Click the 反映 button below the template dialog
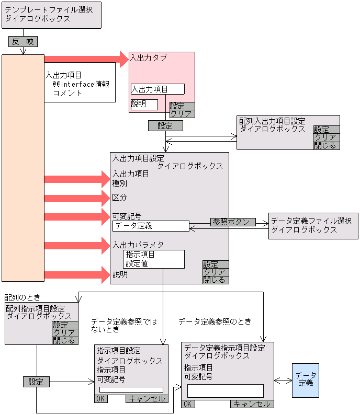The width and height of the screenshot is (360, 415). pos(22,42)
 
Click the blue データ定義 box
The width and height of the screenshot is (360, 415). pos(305,379)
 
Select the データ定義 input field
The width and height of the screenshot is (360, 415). pos(151,226)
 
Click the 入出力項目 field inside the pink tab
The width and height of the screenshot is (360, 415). pos(157,89)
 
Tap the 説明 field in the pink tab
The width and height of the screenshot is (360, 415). pos(144,105)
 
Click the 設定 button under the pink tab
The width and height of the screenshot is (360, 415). pos(165,125)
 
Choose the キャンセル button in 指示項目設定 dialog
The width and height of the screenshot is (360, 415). pos(147,399)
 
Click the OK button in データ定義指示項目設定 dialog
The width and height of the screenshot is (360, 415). pos(188,404)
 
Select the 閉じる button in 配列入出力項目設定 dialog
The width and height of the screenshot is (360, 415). pos(326,146)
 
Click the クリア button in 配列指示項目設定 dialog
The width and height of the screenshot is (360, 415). pos(65,332)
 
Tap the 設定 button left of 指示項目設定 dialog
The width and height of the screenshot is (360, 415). pos(36,382)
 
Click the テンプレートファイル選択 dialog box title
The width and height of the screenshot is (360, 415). pos(51,15)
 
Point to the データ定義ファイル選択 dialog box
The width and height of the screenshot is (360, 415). pos(313,226)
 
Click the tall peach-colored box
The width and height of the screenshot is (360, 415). pos(23,167)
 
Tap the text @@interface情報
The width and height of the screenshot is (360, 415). pos(81,84)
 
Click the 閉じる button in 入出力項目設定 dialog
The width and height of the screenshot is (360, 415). pos(216,280)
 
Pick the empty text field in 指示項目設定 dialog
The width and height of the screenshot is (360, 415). pos(131,389)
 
